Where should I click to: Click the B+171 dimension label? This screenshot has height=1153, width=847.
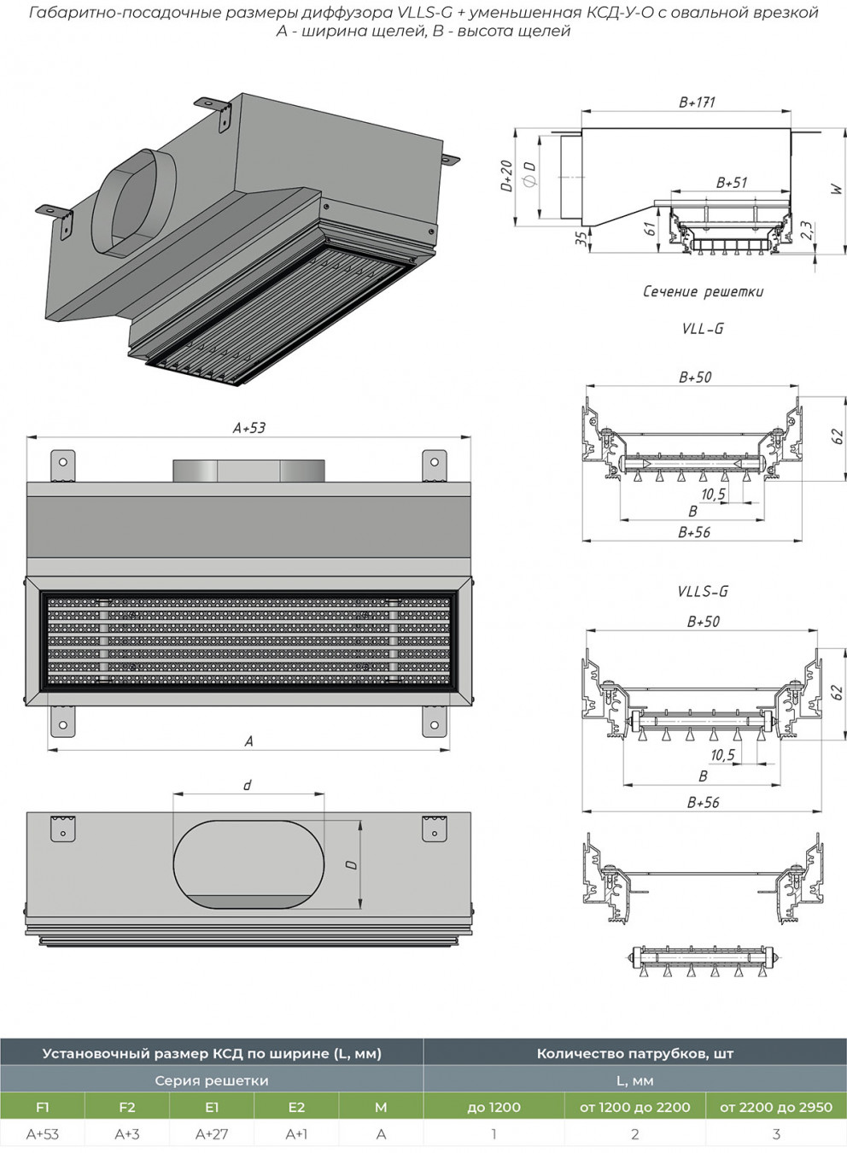(697, 102)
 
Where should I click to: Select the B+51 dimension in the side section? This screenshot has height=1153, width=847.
(731, 183)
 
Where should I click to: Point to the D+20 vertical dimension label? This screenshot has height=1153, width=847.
(507, 176)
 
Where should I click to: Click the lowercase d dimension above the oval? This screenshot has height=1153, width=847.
(248, 785)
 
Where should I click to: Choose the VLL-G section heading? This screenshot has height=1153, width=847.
(703, 329)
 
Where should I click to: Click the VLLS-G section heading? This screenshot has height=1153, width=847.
(703, 591)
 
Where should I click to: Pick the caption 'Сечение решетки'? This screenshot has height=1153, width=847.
(703, 292)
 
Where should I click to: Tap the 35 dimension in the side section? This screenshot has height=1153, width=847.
(581, 238)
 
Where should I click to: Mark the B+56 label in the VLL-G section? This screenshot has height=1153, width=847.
(694, 533)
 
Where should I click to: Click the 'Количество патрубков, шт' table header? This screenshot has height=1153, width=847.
(635, 1054)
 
